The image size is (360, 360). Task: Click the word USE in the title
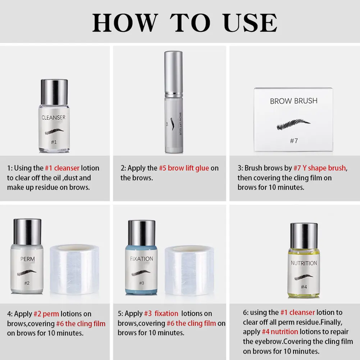pyautogui.click(x=250, y=23)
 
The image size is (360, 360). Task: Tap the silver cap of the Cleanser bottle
pyautogui.click(x=54, y=92)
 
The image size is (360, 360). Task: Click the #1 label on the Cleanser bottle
pyautogui.click(x=54, y=142)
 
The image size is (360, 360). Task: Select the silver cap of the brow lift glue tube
pyautogui.click(x=174, y=73)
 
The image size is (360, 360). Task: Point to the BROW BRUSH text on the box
pyautogui.click(x=294, y=101)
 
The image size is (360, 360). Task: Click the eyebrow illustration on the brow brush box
pyautogui.click(x=293, y=124)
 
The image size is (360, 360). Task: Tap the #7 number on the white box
pyautogui.click(x=294, y=141)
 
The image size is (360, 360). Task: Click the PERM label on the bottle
pyautogui.click(x=28, y=259)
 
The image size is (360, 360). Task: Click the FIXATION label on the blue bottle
pyautogui.click(x=141, y=259)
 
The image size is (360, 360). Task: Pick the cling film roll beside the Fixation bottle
pyautogui.click(x=190, y=270)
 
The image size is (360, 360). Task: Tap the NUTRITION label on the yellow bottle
pyautogui.click(x=304, y=263)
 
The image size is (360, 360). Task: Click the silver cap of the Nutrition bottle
pyautogui.click(x=304, y=236)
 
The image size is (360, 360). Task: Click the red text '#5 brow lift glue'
pyautogui.click(x=184, y=168)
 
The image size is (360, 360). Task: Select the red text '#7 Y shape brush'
pyautogui.click(x=320, y=168)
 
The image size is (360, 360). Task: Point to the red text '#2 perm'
pyautogui.click(x=46, y=314)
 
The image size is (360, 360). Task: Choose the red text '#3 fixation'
pyautogui.click(x=161, y=313)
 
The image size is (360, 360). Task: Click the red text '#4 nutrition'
pyautogui.click(x=280, y=332)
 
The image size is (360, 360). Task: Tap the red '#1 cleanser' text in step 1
pyautogui.click(x=62, y=168)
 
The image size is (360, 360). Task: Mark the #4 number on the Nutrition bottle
pyautogui.click(x=304, y=287)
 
